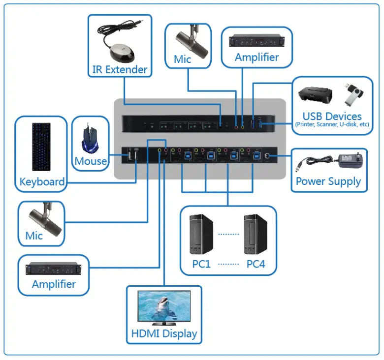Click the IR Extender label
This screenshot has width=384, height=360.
click(120, 69)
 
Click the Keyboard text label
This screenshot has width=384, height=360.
click(42, 182)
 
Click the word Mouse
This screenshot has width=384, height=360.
click(91, 161)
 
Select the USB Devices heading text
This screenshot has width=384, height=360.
click(332, 116)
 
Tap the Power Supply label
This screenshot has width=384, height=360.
click(328, 181)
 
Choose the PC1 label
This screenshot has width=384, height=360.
click(201, 264)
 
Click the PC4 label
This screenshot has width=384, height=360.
click(256, 264)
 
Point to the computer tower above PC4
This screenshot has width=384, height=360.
click(256, 234)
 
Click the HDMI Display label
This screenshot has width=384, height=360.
click(164, 333)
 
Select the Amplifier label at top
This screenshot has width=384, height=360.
click(256, 57)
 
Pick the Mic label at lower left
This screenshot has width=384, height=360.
click(34, 236)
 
